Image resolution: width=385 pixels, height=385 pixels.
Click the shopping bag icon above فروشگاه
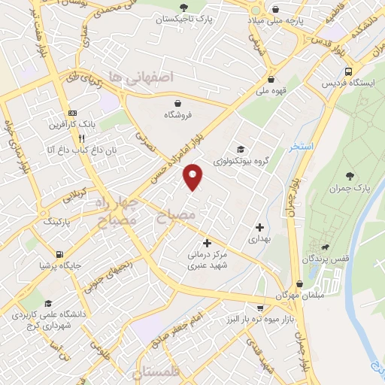click(177, 103)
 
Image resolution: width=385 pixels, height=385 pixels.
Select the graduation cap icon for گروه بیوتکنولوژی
click(241, 149)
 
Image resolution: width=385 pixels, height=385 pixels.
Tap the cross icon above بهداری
click(259, 226)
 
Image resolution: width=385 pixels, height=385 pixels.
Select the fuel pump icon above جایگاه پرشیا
click(59, 254)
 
